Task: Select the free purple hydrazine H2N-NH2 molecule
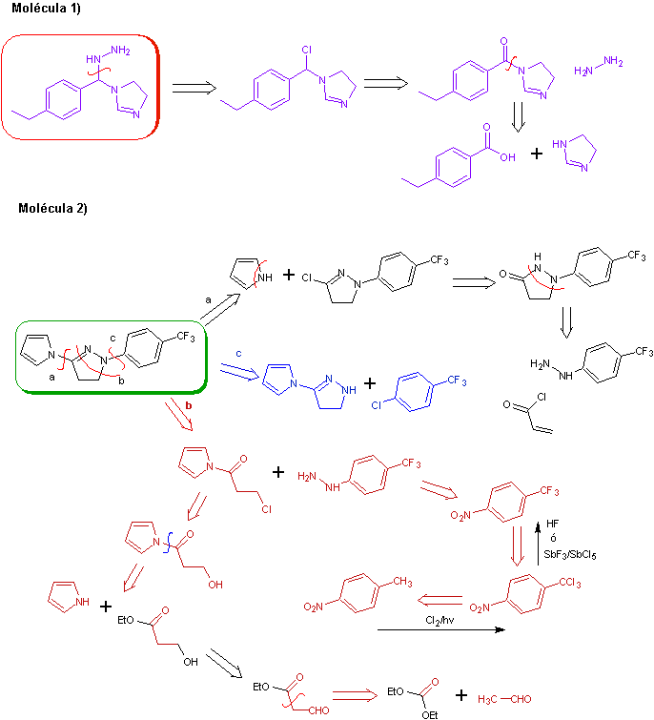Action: click(x=599, y=65)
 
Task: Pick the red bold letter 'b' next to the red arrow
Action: click(x=189, y=406)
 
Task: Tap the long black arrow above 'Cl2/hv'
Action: click(x=439, y=630)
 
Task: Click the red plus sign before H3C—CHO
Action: click(x=462, y=695)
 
